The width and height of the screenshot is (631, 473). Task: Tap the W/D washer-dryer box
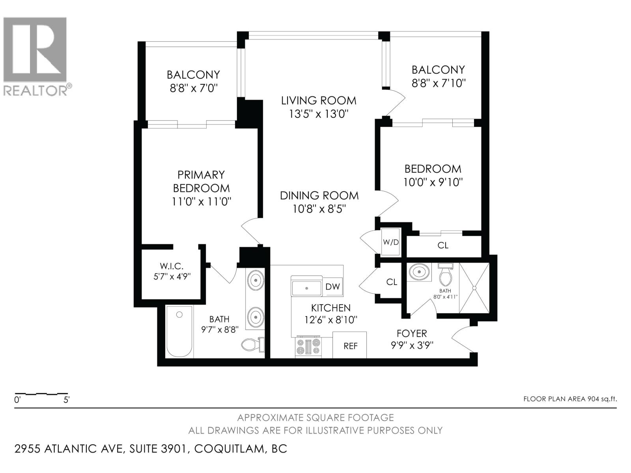[391, 242]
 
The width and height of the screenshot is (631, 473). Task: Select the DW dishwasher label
[332, 287]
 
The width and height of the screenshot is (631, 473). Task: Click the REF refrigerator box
[350, 345]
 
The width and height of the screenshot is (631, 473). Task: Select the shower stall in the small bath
[474, 288]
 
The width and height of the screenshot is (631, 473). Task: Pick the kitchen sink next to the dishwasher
[306, 288]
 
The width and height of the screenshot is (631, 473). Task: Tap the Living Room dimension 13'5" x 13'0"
[319, 114]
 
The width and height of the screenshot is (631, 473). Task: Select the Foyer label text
[412, 333]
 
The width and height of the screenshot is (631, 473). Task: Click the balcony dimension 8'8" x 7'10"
[438, 83]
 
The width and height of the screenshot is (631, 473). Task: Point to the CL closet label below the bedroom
[443, 245]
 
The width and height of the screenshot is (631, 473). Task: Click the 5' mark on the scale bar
[67, 399]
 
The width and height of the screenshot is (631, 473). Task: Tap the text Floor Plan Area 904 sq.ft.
[570, 399]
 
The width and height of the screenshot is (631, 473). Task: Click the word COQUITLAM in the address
[229, 449]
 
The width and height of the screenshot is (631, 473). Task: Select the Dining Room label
[319, 196]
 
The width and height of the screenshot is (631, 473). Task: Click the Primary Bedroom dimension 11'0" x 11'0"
[201, 201]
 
